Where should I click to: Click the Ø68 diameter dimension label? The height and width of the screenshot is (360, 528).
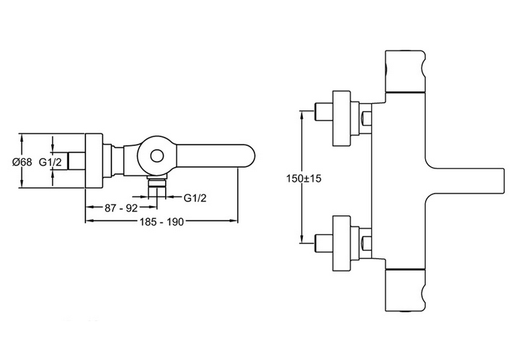[23, 162]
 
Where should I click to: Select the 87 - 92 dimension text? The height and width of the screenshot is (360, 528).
[121, 208]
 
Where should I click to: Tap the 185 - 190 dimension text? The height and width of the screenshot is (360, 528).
[161, 222]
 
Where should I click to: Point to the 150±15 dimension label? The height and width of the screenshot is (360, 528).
[304, 178]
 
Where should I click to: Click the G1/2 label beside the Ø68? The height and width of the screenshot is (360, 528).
[50, 162]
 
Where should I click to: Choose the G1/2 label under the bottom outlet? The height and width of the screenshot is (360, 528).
[195, 198]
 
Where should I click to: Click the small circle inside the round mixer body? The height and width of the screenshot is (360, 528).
[157, 155]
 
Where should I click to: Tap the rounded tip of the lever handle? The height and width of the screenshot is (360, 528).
[251, 156]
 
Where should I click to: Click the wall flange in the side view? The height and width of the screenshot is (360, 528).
[93, 161]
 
